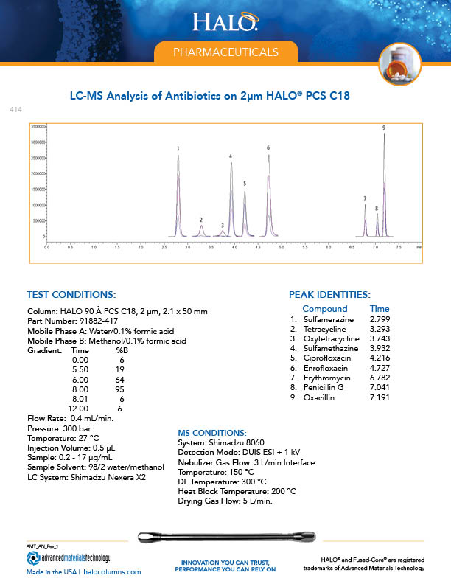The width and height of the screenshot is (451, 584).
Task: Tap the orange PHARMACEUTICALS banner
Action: point(225,52)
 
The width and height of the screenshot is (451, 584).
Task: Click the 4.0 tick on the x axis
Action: point(234,248)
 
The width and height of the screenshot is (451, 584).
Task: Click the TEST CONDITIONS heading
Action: point(70,294)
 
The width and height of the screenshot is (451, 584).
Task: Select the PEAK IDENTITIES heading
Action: point(329,294)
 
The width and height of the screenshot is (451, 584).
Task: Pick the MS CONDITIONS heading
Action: point(213,432)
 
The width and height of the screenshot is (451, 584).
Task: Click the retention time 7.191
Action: point(380,397)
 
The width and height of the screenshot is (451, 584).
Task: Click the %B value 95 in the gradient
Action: point(122,389)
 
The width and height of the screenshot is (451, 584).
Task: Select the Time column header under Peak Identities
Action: point(380,309)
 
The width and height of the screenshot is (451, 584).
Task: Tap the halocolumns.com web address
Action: point(111,572)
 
